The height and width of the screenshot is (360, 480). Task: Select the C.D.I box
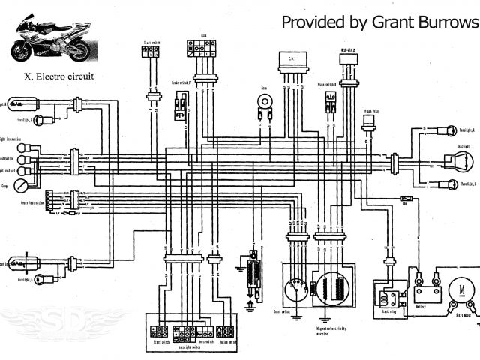coord(289,59)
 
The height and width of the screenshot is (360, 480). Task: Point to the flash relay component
coord(369,124)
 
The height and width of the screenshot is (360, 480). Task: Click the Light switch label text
coord(161,341)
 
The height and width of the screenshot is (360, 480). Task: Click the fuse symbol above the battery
coord(405,201)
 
